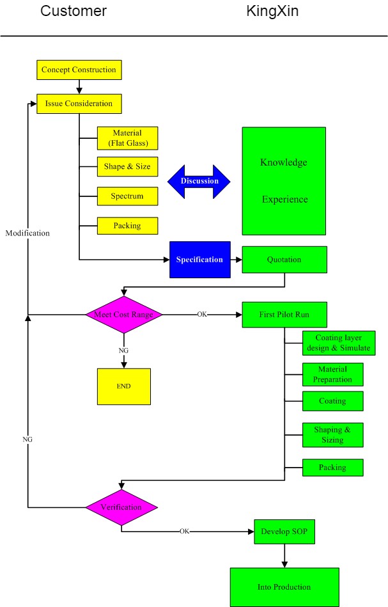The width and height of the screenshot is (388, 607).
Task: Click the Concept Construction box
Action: [x=79, y=69]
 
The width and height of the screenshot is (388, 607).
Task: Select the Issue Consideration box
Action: [x=79, y=104]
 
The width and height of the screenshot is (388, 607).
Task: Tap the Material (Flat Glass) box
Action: [x=127, y=138]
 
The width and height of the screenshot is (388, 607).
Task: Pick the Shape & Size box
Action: [x=127, y=167]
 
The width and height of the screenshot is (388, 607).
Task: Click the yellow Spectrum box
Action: [x=127, y=196]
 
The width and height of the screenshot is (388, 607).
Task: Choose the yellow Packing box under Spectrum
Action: [x=127, y=226]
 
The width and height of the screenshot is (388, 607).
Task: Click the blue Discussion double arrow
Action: [x=199, y=181]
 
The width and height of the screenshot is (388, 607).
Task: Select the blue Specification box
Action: [x=199, y=260]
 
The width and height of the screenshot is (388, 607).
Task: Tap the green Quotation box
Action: [x=284, y=260]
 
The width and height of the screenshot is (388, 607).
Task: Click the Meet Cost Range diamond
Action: [x=124, y=314]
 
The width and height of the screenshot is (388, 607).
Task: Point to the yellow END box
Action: [x=124, y=386]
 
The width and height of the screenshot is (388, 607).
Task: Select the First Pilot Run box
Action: [x=284, y=315]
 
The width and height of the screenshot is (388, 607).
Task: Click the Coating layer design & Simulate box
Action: [x=338, y=343]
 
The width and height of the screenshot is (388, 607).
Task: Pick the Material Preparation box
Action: [x=332, y=374]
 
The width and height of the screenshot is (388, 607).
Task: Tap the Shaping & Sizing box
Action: [x=332, y=435]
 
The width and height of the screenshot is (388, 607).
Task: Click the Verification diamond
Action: [x=121, y=507]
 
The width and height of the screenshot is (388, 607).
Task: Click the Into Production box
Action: [x=284, y=587]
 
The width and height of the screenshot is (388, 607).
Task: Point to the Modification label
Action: [x=27, y=233]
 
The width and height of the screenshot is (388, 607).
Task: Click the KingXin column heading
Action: [x=272, y=12]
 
